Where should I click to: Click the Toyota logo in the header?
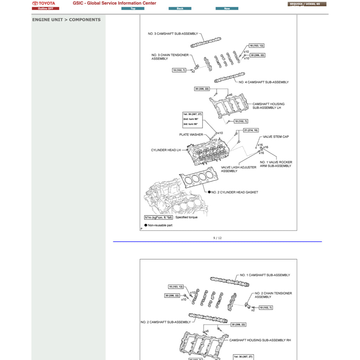(44, 3)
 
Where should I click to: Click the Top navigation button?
(133, 8)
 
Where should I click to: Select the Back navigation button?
(180, 8)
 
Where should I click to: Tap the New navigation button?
(227, 8)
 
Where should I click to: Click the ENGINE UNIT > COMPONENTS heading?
(66, 20)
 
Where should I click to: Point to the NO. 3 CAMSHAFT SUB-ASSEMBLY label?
(173, 34)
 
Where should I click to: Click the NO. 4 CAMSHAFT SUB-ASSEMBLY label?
(264, 82)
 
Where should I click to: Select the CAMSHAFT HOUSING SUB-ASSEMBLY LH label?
(268, 106)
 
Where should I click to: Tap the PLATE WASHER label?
(191, 135)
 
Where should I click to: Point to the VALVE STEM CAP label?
(276, 137)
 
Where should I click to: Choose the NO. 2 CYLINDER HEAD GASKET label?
(234, 192)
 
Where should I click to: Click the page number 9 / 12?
(217, 238)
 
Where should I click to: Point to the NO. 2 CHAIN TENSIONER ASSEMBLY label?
(273, 295)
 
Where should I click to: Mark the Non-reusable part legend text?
(160, 225)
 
